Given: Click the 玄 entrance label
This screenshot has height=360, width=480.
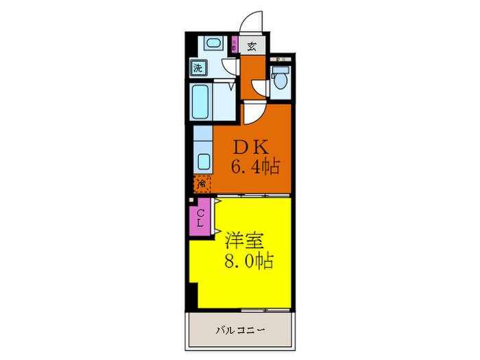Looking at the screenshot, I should pos(252,47).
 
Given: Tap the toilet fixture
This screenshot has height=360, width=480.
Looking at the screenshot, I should pos(280,80).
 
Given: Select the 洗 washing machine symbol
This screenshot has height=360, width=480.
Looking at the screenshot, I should pos(198,68).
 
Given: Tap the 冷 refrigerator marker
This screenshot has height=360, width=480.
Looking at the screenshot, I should pos(202,183).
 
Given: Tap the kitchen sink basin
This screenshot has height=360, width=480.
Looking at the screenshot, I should pos(204,163).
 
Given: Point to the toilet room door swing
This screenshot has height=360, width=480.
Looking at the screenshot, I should pos(260,88).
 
